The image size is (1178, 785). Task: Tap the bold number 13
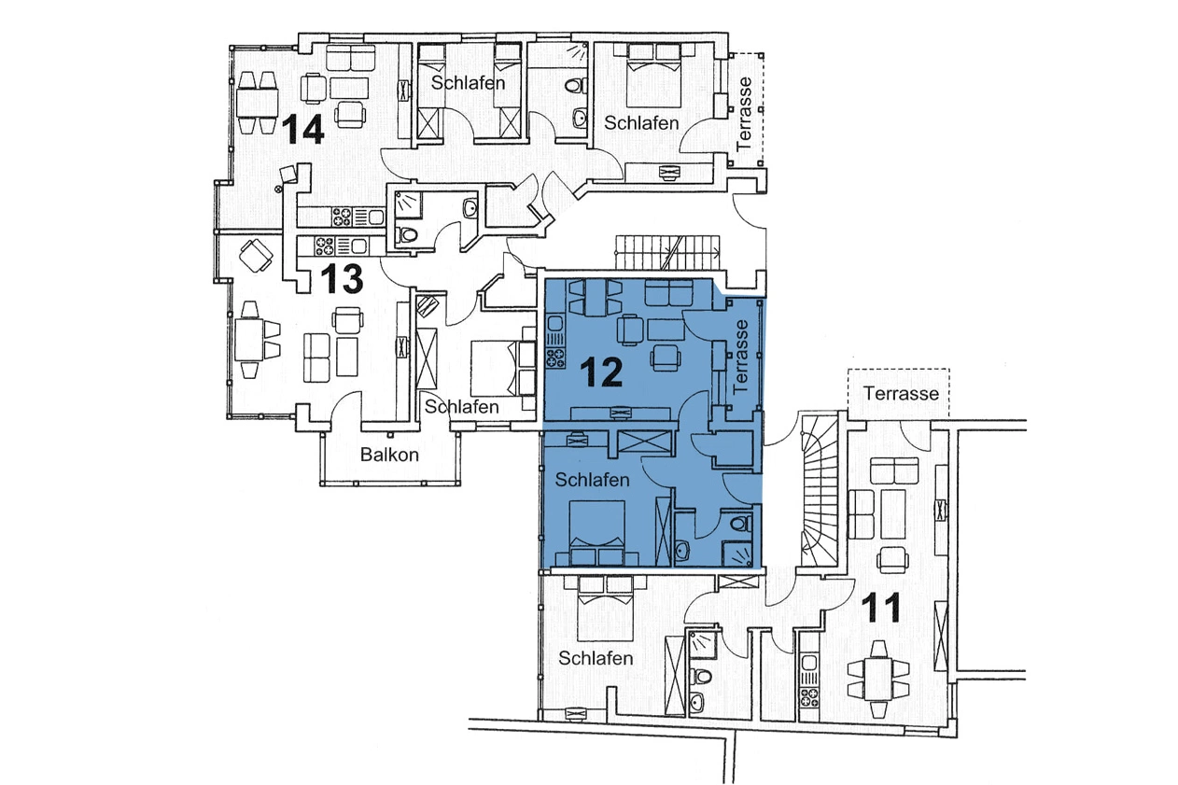(x=341, y=278)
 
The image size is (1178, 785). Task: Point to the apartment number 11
(x=881, y=609)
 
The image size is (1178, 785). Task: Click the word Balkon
(x=389, y=456)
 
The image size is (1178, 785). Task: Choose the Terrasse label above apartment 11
(x=900, y=393)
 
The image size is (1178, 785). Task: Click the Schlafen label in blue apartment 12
(x=592, y=480)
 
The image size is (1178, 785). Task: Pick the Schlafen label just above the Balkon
(x=461, y=407)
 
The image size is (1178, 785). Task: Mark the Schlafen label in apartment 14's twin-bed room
(x=468, y=83)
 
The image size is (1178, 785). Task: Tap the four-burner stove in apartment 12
(x=554, y=357)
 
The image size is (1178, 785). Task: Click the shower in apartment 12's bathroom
(x=742, y=553)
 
